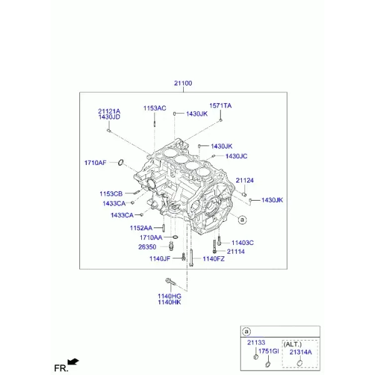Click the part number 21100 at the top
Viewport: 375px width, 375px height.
click(183, 83)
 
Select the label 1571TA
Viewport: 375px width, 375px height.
click(221, 106)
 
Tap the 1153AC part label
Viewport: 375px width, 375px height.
click(155, 108)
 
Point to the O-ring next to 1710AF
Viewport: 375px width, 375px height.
click(121, 162)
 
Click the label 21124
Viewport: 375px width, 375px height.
click(244, 181)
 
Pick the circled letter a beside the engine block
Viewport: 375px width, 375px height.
click(242, 219)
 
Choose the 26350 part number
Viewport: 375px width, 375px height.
click(147, 247)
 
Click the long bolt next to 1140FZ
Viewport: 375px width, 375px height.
click(191, 257)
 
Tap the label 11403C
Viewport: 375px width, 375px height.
click(242, 242)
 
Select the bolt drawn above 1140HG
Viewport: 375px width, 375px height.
click(171, 282)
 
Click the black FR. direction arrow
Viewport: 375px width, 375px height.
click(73, 362)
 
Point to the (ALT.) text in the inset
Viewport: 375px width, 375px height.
click(292, 344)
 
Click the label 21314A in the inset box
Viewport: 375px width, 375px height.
click(301, 352)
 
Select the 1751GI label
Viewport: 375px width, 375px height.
click(269, 351)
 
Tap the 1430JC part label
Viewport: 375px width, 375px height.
click(236, 156)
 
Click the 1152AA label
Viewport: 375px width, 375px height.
click(141, 228)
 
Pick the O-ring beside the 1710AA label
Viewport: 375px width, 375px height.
click(175, 237)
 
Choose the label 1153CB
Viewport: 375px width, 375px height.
click(111, 194)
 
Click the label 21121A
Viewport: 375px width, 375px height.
click(109, 111)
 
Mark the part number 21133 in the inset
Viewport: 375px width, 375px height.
click(256, 342)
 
